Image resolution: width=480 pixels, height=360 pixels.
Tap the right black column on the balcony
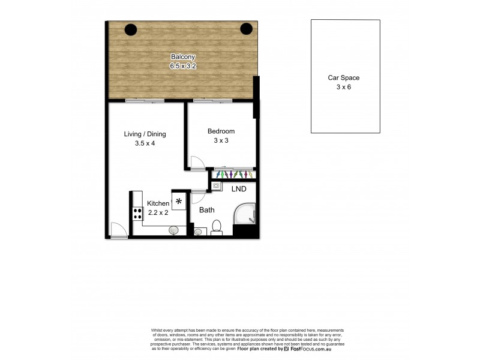coord(246,28)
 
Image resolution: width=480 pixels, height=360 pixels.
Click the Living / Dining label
coord(145,134)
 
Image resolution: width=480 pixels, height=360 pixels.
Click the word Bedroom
coord(221,131)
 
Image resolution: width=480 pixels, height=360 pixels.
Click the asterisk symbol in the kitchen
coord(178,201)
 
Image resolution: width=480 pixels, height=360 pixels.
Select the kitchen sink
coord(173,229)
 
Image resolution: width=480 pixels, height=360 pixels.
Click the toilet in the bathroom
coord(217,226)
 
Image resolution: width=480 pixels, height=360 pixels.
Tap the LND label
coord(239,188)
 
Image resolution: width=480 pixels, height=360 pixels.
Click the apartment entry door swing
coord(119,230)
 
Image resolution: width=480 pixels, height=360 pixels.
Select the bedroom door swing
coord(197,162)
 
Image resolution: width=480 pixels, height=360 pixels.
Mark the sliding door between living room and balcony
coord(145,101)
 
